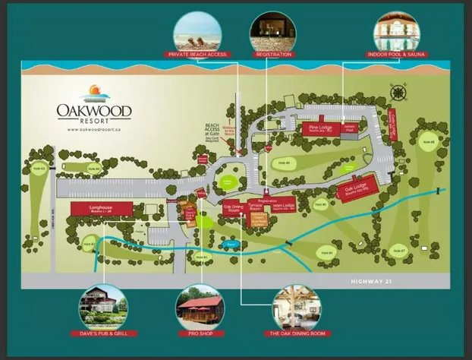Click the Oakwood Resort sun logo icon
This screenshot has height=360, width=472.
coord(94,93)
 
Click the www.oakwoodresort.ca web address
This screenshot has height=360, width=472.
coord(94,130)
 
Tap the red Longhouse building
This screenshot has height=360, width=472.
coord(102,208)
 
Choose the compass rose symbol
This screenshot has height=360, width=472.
coord(398,93)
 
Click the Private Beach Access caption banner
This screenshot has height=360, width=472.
coord(197,55)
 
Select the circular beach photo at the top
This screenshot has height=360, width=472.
coord(197,30)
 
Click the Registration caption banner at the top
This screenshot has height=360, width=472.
coord(274,55)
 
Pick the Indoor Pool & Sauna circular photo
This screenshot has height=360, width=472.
coord(398,30)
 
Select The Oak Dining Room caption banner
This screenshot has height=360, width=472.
coord(297,333)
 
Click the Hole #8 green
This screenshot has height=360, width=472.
coord(429,142)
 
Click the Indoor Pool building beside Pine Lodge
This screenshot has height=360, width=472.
coord(350,129)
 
